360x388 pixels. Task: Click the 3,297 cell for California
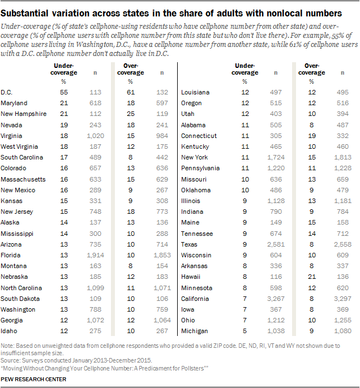pyautogui.click(x=340, y=298)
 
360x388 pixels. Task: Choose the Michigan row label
pyautogui.click(x=194, y=330)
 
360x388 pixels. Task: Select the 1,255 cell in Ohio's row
pyautogui.click(x=340, y=320)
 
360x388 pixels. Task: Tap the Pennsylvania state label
pyautogui.click(x=198, y=169)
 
